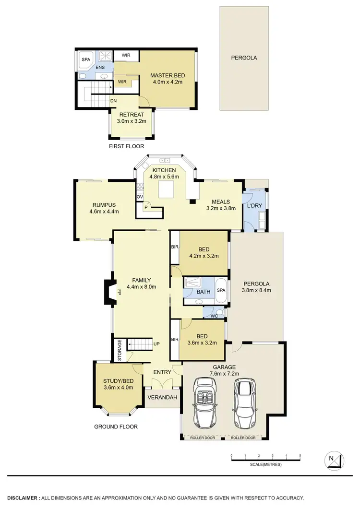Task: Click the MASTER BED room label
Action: click(167, 76)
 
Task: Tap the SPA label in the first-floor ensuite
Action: click(86, 60)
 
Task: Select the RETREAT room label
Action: click(132, 114)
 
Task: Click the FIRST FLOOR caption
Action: click(126, 146)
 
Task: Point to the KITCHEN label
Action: click(165, 170)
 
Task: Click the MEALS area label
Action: click(218, 201)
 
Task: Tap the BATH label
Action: click(204, 292)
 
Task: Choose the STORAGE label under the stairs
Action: click(120, 350)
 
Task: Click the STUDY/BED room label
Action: click(118, 381)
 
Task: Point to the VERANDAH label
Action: click(162, 398)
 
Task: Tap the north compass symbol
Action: click(335, 459)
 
